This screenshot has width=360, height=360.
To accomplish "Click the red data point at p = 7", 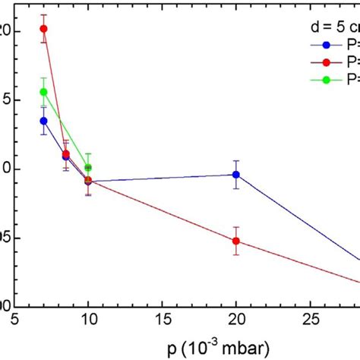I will [43, 29].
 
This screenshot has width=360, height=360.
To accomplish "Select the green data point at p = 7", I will [43, 92].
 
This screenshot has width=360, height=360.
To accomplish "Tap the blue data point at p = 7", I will [43, 121].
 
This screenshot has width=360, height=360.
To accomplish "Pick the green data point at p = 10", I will [88, 167].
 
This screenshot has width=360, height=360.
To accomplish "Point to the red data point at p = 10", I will [88, 180].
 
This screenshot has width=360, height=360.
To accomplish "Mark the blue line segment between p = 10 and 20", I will [162, 178].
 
